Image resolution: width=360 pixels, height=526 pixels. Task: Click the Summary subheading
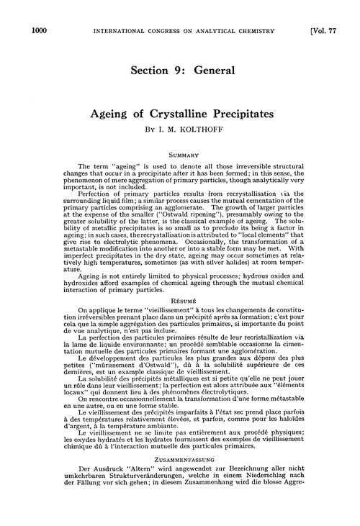[179, 153]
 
